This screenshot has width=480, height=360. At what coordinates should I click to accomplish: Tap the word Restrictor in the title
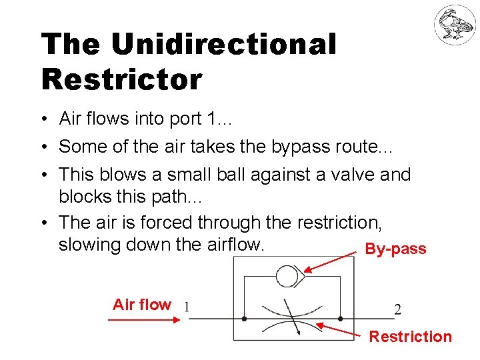121,79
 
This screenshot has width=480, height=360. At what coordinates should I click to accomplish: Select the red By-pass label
395,249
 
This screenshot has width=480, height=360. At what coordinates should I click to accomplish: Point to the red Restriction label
410,337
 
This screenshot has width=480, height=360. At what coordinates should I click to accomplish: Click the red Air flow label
142,305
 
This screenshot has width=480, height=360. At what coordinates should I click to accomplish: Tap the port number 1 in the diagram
187,308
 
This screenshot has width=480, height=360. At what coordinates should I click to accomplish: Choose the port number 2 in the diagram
397,309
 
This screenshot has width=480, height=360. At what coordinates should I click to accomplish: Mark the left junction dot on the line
244,319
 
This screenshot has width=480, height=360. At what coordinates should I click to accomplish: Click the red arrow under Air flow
144,320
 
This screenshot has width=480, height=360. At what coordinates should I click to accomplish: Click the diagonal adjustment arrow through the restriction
291,317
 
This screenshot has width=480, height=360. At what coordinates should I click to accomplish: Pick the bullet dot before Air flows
42,119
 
